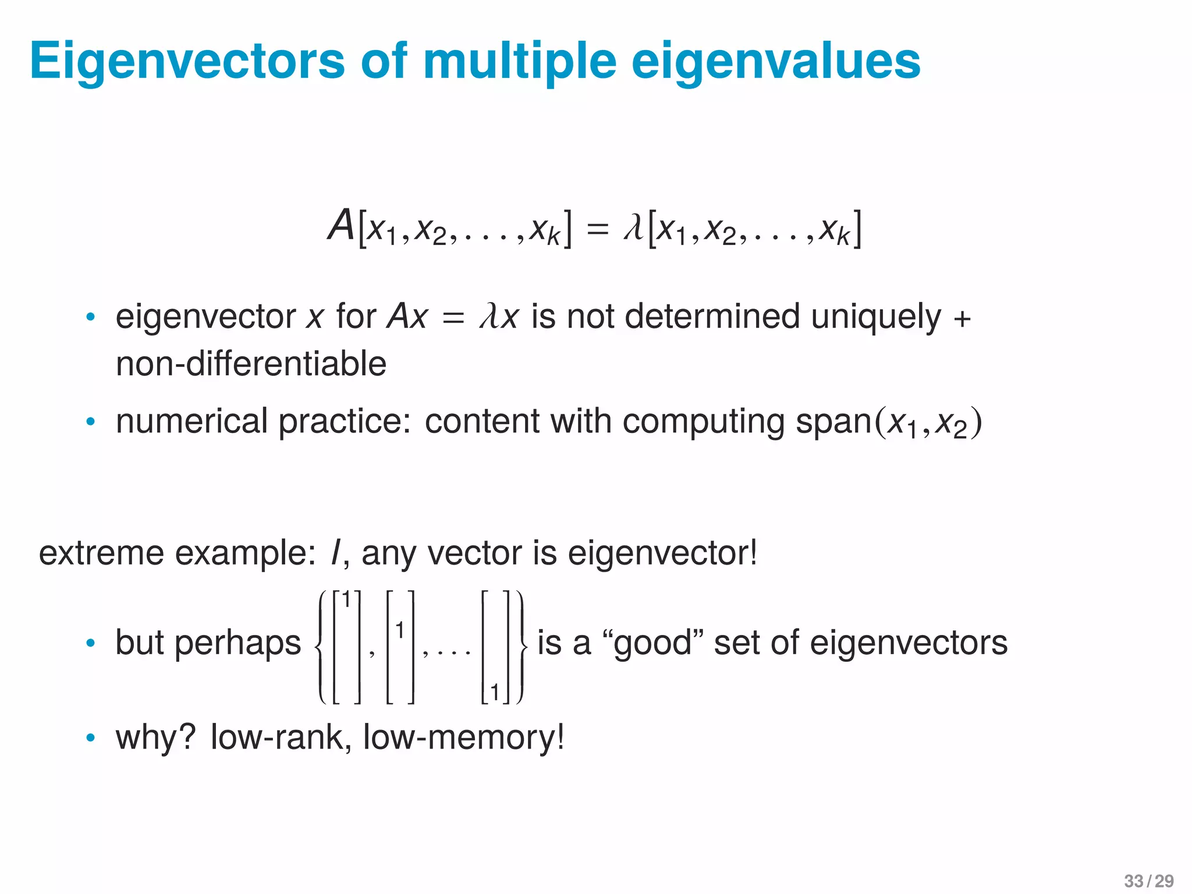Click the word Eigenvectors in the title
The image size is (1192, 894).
(x=187, y=62)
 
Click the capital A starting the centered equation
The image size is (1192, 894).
(x=341, y=225)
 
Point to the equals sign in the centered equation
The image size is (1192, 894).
(x=597, y=228)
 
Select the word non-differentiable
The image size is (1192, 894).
(x=251, y=364)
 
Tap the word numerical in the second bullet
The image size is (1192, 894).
(x=191, y=421)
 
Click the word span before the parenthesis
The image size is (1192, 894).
(x=833, y=423)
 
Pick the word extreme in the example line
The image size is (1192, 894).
(x=101, y=553)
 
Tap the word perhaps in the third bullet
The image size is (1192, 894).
(x=237, y=644)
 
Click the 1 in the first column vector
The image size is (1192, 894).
(x=346, y=600)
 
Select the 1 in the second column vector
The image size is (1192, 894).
(x=399, y=630)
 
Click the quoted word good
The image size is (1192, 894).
(x=652, y=644)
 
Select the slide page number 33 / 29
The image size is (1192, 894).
(x=1148, y=881)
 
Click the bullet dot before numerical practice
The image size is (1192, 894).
(x=90, y=421)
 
